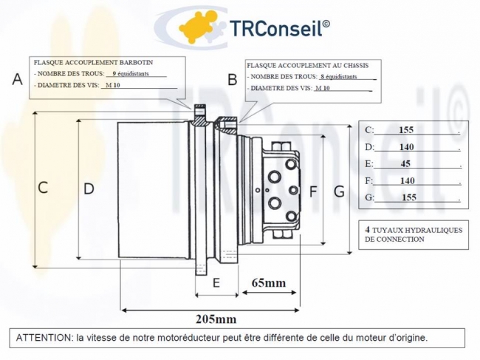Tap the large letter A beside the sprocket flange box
pos(18,79)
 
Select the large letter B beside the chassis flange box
pos(232,79)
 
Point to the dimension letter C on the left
pos(43,188)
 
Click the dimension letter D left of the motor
pos(89,189)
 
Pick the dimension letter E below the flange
pos(216,282)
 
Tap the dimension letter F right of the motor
pos(313,192)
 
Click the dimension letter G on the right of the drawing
pos(339,192)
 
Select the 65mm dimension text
pos(269,283)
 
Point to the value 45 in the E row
pos(406,164)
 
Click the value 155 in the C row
pos(405,130)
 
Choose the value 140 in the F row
pos(406,180)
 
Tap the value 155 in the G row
pos(409,197)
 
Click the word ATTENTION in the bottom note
pos(42,338)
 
